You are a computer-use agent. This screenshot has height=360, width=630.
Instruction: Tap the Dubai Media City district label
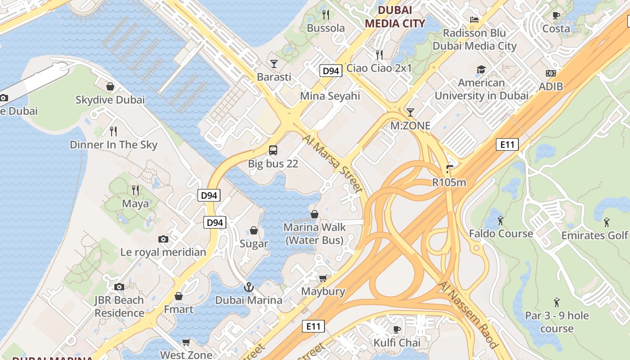pos(395,17)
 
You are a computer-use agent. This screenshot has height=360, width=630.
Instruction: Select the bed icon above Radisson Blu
pos(474,19)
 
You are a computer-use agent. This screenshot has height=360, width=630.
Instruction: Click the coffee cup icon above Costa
pos(556,15)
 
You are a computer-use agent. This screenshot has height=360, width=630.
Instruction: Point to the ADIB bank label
pos(550,86)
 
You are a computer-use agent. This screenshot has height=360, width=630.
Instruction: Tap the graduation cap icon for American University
pos(481,69)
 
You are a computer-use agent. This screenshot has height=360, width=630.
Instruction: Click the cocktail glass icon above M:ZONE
pos(410,112)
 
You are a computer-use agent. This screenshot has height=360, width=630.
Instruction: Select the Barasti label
pos(274,77)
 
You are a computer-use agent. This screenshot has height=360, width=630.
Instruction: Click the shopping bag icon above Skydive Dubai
pos(110,86)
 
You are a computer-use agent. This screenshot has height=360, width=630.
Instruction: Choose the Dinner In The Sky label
pos(113,144)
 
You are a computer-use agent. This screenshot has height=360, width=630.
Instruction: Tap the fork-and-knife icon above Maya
pos(135,190)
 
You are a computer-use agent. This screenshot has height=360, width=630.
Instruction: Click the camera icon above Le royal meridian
pos(163,239)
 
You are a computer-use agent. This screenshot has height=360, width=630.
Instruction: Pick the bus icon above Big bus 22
pos(273,150)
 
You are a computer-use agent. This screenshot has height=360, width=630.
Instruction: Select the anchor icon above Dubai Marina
pos(248,286)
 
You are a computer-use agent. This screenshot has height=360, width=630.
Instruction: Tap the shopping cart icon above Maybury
pos(323,278)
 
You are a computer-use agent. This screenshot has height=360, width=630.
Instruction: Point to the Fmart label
pos(179,310)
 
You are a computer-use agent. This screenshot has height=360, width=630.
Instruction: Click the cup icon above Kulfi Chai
pos(397,329)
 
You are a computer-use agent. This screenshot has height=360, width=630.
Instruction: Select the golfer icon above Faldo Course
pos(500,220)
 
